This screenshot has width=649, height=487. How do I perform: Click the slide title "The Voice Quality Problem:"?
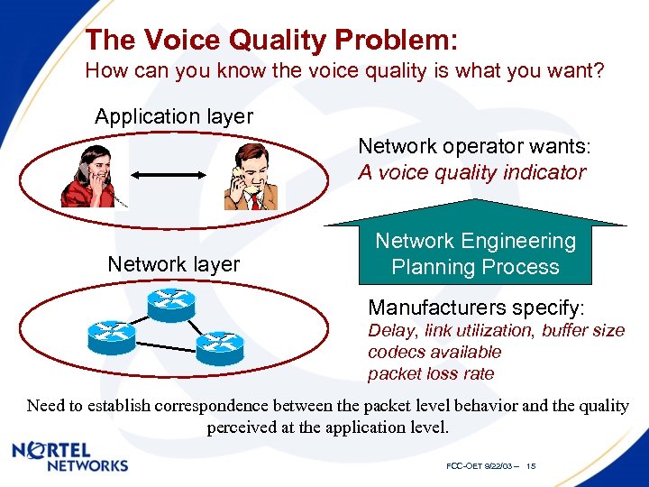tap(270, 40)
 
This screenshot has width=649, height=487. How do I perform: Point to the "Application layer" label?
tap(174, 117)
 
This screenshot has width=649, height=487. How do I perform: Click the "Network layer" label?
tap(174, 264)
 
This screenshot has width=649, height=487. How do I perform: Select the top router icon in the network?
tap(172, 301)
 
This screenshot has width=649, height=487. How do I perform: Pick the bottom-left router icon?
tap(111, 336)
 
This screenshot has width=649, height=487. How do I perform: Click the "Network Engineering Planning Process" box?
tap(475, 254)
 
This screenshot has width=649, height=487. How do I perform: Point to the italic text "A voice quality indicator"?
tap(471, 172)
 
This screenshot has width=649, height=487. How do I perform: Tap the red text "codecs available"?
tap(434, 353)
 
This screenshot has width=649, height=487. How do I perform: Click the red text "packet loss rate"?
tap(431, 373)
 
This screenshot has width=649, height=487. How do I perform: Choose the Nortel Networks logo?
tap(70, 457)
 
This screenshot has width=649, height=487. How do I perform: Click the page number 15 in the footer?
tap(531, 466)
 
